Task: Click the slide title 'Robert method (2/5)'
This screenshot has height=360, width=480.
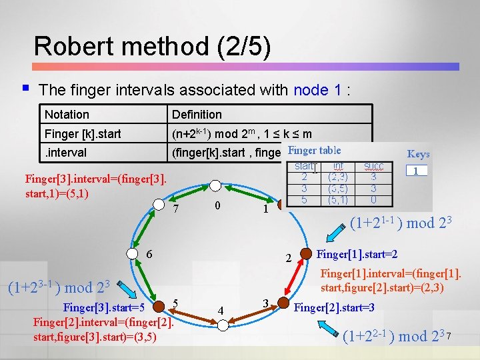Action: tap(152, 46)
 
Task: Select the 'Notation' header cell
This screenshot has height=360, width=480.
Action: tap(67, 115)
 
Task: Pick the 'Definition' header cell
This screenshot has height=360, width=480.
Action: tap(197, 115)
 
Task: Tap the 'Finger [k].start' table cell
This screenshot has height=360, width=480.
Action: tap(83, 134)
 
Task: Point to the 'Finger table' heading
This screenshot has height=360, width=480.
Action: tap(314, 151)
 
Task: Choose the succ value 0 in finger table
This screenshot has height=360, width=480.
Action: tap(373, 199)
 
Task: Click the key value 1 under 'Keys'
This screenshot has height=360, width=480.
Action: tap(417, 171)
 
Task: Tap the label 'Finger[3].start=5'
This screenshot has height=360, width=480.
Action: tap(104, 307)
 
